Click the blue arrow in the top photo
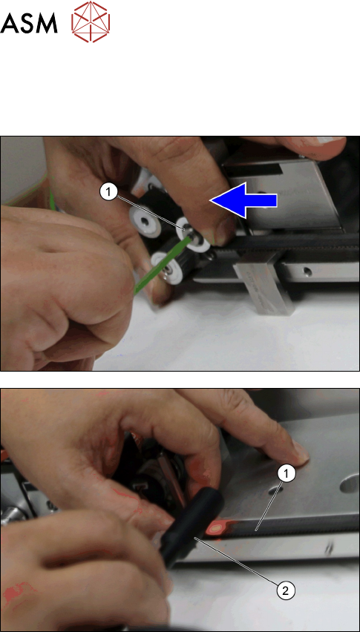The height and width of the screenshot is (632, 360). pos(243,200)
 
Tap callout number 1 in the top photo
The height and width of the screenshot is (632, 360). pos(108,193)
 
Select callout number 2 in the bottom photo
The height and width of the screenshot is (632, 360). pos(285,591)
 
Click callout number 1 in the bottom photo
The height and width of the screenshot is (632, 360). pos(287,475)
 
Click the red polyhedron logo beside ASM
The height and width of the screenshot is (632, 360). pos(91,22)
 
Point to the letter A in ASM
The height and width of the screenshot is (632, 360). pos(9,24)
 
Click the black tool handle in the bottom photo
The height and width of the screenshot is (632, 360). pos(193,525)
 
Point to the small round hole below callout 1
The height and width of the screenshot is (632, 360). pos(278,489)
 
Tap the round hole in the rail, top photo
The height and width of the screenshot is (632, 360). pos(307,271)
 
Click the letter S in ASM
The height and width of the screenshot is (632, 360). pos(27,24)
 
